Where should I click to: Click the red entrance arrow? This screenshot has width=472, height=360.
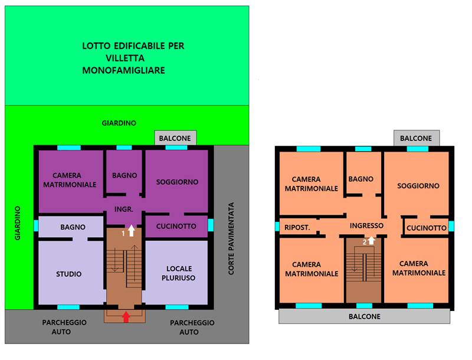point(126,317)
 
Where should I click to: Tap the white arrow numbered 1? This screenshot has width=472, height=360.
point(131,231)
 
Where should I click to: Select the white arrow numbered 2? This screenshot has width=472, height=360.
point(372,241)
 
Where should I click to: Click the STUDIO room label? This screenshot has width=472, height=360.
point(69,274)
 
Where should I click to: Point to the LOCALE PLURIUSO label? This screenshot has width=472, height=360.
point(179,273)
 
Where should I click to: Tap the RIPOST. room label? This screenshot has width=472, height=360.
point(297,228)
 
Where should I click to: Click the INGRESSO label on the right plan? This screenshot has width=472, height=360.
point(366,225)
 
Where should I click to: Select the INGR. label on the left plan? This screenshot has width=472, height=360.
point(124,209)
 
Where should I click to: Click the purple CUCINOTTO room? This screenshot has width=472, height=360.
point(176,226)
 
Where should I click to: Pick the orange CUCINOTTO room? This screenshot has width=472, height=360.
point(426,227)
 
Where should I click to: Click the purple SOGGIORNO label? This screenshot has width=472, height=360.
point(177,182)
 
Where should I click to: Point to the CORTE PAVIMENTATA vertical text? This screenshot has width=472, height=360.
point(231,238)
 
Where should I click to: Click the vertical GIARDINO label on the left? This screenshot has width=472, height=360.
point(18,223)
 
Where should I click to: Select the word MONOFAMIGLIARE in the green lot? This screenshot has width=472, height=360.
point(124,70)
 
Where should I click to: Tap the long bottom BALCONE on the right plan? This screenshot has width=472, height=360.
point(364,316)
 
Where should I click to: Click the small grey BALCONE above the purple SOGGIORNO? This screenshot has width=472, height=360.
point(175,138)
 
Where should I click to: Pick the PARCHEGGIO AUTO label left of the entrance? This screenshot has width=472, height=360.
point(64,327)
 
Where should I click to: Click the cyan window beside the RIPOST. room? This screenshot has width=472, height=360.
point(277,227)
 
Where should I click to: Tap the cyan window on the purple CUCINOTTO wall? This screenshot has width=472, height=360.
point(211,225)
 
